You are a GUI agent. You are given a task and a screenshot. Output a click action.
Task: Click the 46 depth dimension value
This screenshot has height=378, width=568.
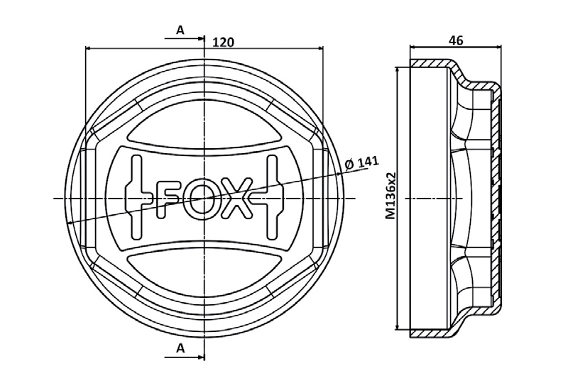tap(456, 41)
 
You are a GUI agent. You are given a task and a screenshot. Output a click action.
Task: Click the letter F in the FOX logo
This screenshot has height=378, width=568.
tap(166, 198)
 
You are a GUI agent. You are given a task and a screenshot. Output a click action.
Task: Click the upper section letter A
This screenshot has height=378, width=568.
tap(180, 30)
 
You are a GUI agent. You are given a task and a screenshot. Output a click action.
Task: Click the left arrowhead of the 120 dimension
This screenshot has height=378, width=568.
tap(89, 48)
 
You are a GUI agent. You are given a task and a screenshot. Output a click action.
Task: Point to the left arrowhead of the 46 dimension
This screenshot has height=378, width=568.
tap(415, 48)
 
